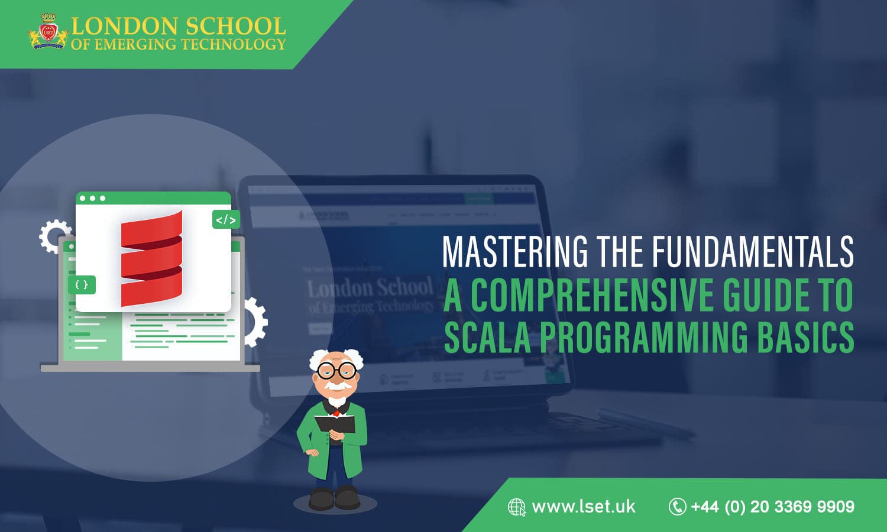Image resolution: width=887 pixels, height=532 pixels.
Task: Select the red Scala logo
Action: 152,258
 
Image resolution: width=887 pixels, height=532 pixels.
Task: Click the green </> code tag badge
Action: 226,220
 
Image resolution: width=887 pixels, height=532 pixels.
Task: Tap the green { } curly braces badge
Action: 82,284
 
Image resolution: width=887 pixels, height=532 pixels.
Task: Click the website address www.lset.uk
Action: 583,507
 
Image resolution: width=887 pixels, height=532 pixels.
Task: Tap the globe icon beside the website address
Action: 517,507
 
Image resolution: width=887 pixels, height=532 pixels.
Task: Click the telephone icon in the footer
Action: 677,507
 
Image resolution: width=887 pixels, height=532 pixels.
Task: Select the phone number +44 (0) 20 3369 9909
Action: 772,507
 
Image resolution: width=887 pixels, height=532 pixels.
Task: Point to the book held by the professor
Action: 335,424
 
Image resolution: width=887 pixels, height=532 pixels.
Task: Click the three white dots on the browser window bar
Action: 92,199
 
